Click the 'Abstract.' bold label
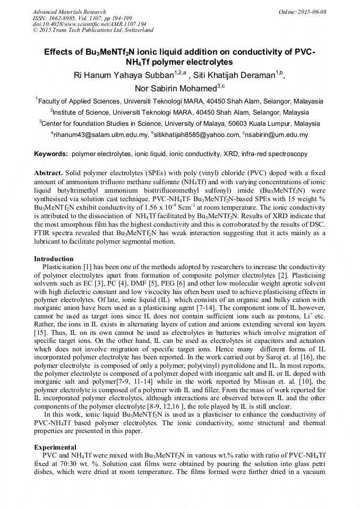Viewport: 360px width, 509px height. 49,174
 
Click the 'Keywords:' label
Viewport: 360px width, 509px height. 51,154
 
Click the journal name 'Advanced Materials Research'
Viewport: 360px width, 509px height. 70,12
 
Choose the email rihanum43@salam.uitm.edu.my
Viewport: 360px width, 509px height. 100,135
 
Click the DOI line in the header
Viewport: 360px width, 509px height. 90,24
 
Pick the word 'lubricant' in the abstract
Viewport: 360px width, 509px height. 49,241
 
